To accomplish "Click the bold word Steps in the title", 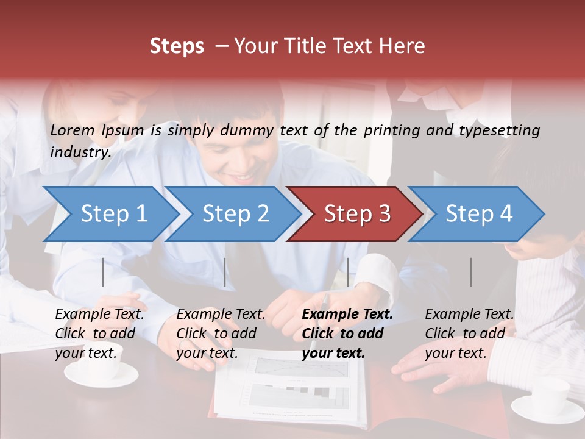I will [177, 46].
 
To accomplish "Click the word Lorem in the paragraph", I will [73, 130].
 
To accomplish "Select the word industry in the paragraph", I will [79, 152].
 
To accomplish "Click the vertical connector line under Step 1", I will [102, 272].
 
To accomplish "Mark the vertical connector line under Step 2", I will [225, 272].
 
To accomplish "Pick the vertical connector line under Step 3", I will [347, 272].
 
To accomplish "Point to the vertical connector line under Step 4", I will [470, 272].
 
